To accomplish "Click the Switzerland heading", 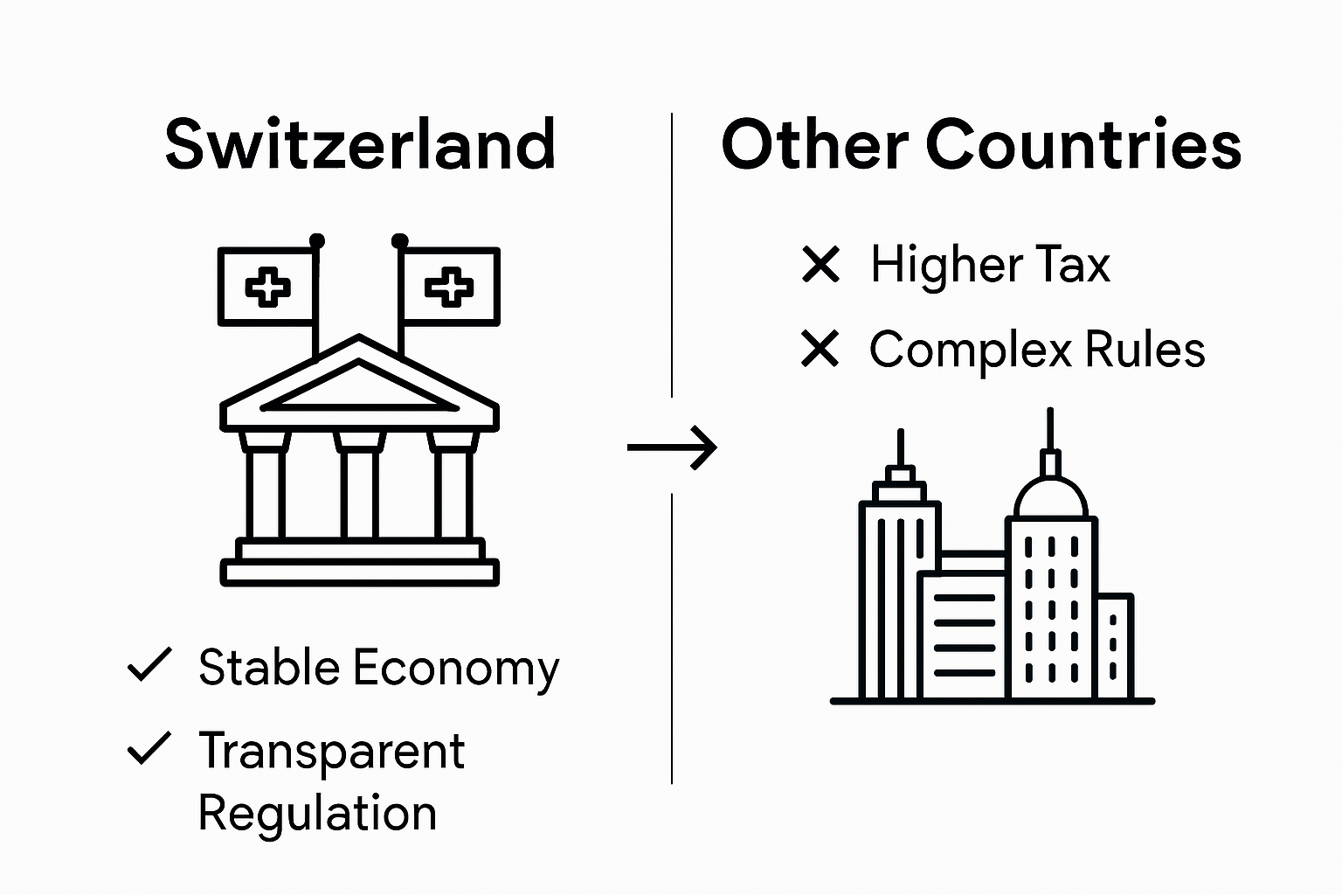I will (360, 145).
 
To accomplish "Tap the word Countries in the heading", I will (1083, 145).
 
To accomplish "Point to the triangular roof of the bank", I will (359, 385).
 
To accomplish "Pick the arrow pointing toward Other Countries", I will (673, 448).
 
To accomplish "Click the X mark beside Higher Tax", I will (820, 265).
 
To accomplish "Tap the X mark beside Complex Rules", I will (820, 350).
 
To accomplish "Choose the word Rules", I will (1145, 350).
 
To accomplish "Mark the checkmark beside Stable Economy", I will (149, 666).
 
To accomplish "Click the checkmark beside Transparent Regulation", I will (149, 749).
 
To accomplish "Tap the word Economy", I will (456, 670).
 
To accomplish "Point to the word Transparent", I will (331, 752).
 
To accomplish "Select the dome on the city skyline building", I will (1051, 498).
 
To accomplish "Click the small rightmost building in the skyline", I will (1114, 647).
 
